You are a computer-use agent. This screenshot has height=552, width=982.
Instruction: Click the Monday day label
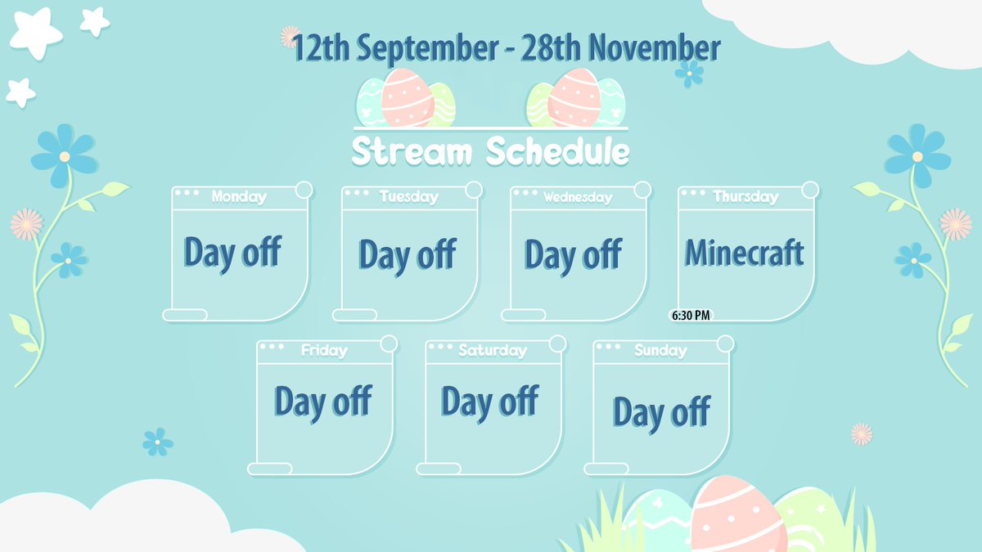[x=239, y=197]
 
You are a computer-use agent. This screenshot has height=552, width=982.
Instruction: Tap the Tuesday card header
[x=408, y=197]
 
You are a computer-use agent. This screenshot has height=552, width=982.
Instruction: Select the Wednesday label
[x=577, y=197]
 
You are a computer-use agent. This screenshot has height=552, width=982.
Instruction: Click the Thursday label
[x=746, y=197]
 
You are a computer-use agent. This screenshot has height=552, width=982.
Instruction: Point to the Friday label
[x=324, y=351]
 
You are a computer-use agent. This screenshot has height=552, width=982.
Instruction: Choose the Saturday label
[x=493, y=351]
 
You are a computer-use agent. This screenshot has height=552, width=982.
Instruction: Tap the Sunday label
[x=660, y=351]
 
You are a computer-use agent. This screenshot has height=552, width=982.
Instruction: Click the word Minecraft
[x=744, y=254]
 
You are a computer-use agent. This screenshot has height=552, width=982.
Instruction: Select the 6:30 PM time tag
[x=691, y=315]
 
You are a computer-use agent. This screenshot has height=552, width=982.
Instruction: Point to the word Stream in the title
[x=412, y=152]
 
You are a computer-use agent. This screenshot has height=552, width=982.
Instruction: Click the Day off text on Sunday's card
[x=660, y=412]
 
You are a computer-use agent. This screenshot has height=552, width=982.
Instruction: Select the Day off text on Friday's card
[x=322, y=402]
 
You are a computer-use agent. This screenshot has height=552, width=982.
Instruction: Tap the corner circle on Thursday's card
[x=810, y=190]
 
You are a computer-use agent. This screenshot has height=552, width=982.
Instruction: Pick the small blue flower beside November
[x=689, y=74]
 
